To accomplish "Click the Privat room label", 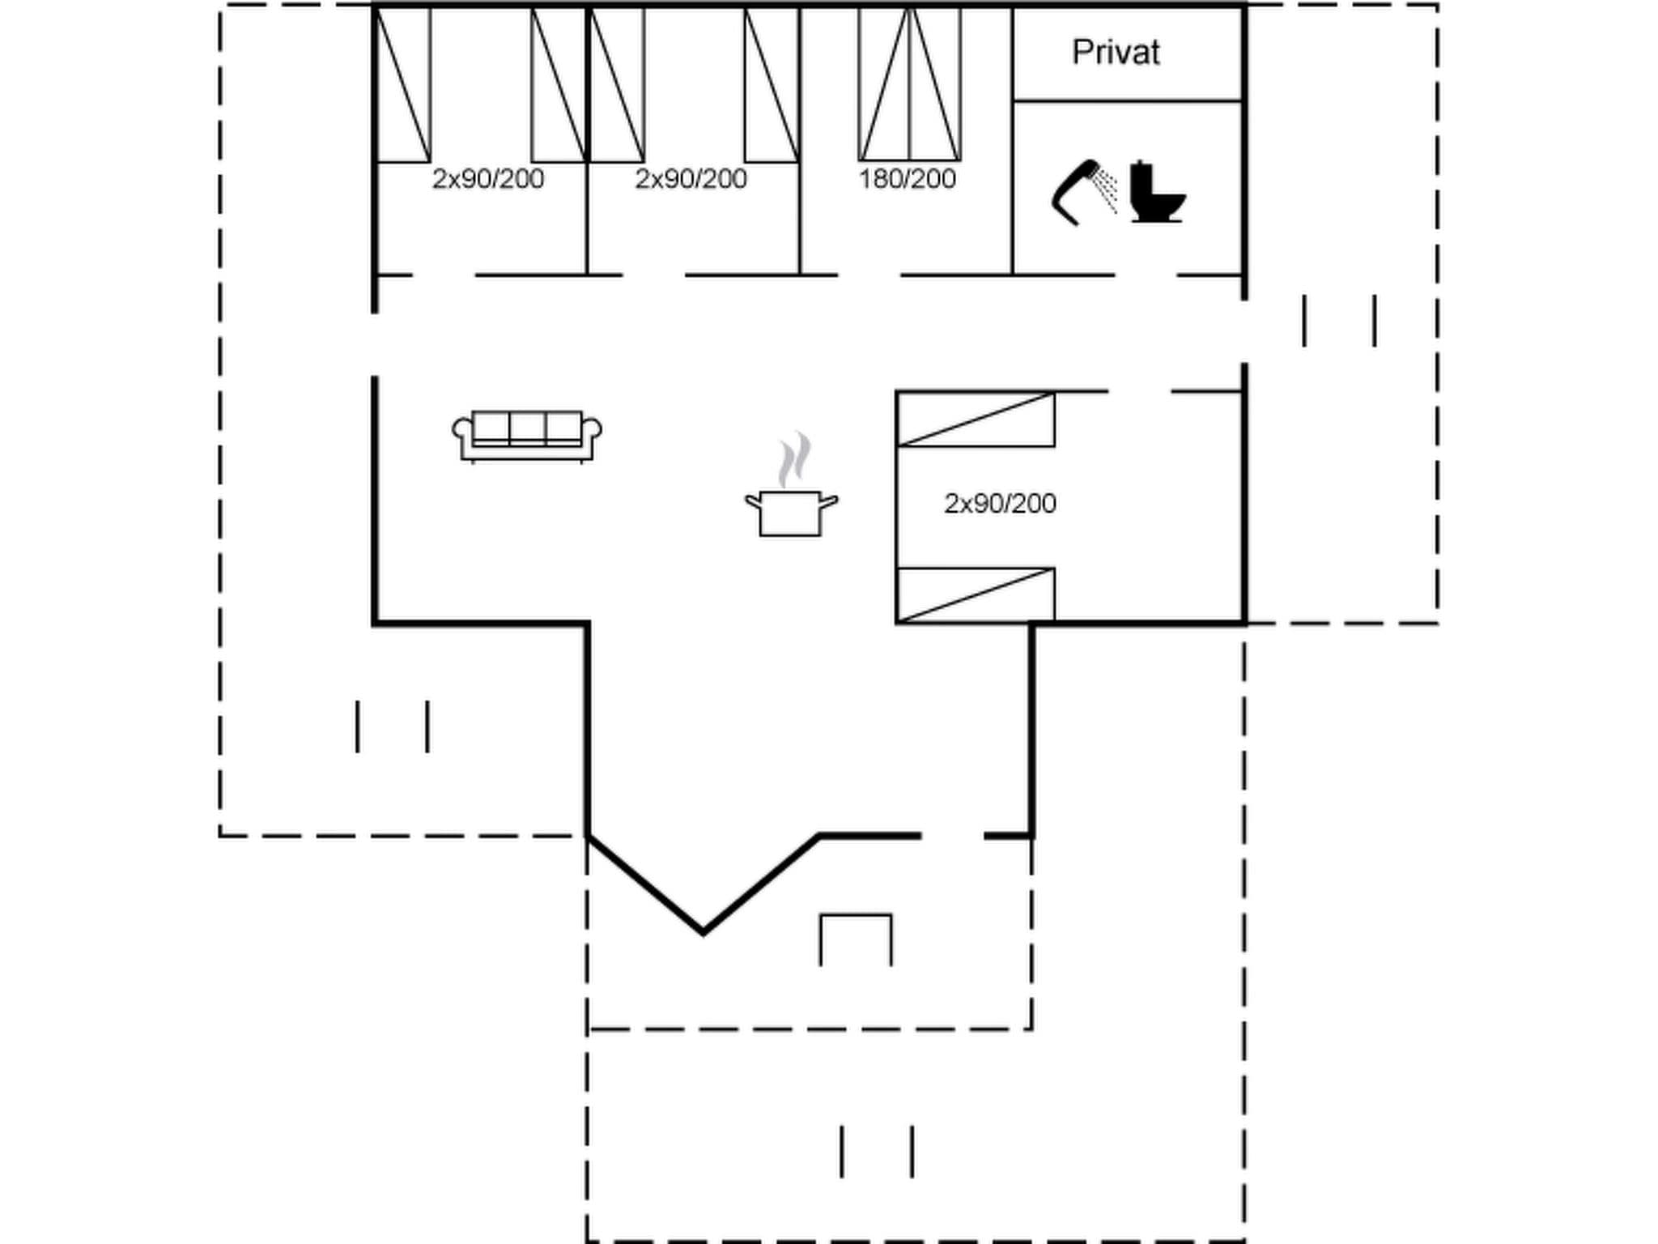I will [1116, 53].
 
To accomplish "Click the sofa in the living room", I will [527, 437].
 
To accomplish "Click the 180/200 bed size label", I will [907, 179].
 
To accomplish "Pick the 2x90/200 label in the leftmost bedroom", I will [488, 179].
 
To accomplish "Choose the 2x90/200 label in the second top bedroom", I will [691, 179].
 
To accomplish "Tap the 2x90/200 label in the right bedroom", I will [1000, 504].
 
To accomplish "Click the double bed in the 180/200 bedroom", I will [910, 84].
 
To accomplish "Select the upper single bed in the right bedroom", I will [976, 420].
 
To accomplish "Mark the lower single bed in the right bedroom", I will [976, 595].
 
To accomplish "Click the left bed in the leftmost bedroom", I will [403, 84].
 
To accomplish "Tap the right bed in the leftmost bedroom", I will [559, 84].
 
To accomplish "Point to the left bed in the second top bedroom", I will [617, 84].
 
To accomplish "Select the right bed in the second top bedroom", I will [772, 84].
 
